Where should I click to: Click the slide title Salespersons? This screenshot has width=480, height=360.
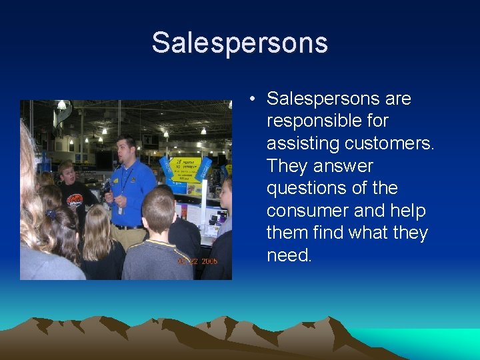coord(239,43)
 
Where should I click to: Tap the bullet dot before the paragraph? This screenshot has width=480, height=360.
coord(254,100)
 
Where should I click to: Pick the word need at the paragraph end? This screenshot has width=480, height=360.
coord(289,256)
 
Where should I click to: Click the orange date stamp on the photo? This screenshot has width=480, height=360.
coord(197,261)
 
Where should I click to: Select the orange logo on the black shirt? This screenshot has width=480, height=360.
coord(75,199)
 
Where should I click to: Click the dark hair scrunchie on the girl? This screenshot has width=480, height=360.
coord(51,215)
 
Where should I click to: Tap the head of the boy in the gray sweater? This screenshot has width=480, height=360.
coord(159,207)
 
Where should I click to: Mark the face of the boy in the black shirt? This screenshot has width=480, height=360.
coord(68,175)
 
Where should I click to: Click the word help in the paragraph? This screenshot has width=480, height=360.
coord(409,211)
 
